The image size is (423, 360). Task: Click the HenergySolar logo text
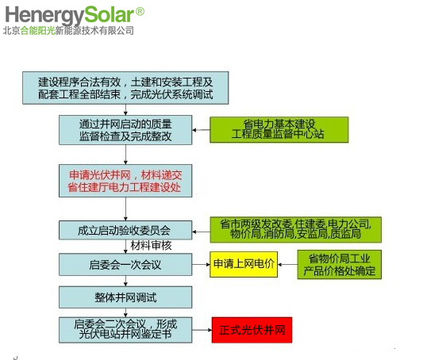click(70, 15)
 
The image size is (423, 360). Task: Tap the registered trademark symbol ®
click(140, 12)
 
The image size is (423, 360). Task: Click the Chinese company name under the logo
click(68, 31)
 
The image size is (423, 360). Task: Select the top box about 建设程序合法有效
click(125, 88)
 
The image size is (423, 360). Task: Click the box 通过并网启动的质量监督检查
click(125, 130)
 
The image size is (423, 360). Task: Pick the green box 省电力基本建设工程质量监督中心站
click(279, 129)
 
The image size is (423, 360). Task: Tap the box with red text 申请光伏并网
click(125, 181)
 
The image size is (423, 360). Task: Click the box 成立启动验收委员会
click(125, 231)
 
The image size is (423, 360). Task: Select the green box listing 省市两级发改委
click(296, 230)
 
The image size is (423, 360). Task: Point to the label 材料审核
click(151, 246)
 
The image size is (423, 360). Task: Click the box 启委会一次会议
click(125, 265)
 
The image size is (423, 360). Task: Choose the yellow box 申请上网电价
click(244, 264)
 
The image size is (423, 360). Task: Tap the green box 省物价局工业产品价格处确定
click(340, 264)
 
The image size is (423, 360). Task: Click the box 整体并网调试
click(125, 297)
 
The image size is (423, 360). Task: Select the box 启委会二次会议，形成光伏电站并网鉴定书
click(125, 330)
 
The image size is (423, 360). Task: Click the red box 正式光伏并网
click(252, 330)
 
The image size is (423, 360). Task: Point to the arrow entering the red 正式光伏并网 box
click(202, 330)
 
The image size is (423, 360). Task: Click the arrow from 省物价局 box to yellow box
click(287, 264)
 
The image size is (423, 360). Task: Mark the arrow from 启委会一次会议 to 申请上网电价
click(201, 264)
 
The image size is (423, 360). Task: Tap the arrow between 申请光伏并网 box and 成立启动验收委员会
click(125, 209)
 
